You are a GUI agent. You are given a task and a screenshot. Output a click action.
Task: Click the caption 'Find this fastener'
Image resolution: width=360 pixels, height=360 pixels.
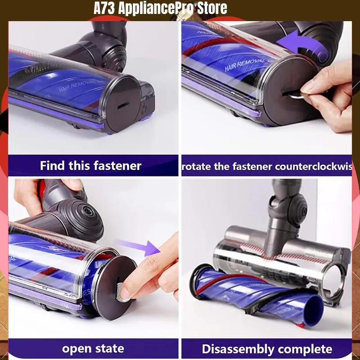tap(90, 166)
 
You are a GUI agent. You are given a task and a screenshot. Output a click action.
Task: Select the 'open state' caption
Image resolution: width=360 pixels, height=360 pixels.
tap(93, 348)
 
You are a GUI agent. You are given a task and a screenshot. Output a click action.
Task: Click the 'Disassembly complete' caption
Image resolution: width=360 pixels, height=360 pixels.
tap(266, 349)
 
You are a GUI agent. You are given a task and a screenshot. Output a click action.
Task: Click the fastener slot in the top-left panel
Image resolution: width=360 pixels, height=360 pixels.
tap(122, 102)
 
